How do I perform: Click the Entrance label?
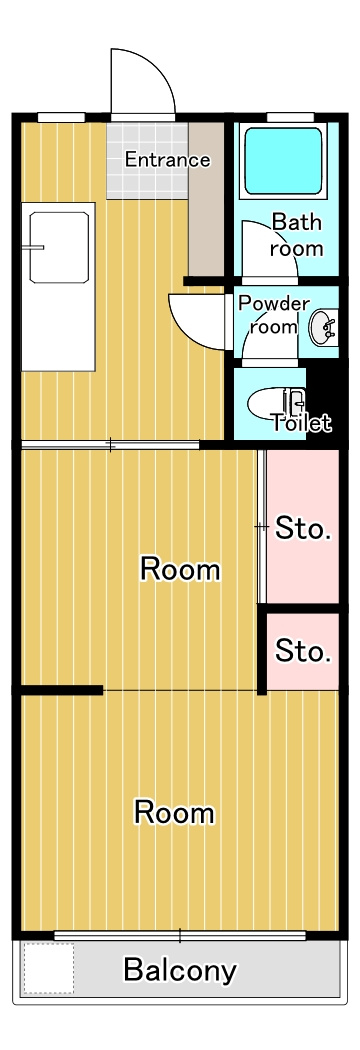coord(167,160)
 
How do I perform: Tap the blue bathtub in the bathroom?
coord(283,161)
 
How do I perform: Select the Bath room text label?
coord(296,235)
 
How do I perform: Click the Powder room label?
coord(274,315)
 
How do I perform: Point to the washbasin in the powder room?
coord(324,327)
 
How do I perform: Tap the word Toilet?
coord(300,423)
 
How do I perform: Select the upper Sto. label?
coord(303,529)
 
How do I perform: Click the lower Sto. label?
coord(303,650)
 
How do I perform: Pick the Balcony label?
coord(180,970)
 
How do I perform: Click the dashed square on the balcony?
coord(48,968)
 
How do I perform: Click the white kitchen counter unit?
coord(58,287)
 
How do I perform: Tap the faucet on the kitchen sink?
coord(32,247)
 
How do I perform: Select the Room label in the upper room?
coord(179,570)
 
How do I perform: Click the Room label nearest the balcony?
coord(174,812)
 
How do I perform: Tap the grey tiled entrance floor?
coord(147,161)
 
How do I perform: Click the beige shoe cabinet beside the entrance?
coord(205,199)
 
